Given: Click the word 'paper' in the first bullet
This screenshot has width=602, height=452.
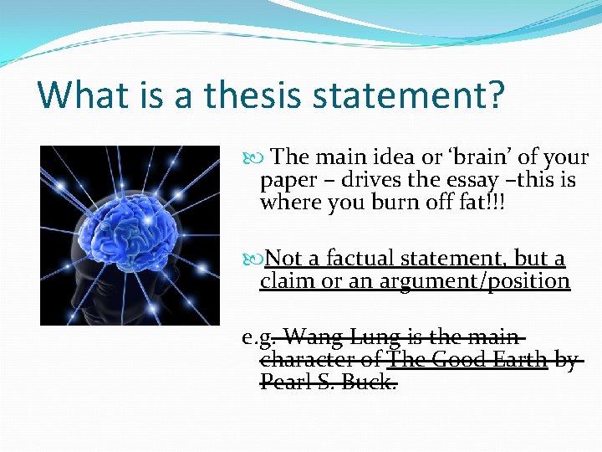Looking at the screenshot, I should (288, 180).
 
